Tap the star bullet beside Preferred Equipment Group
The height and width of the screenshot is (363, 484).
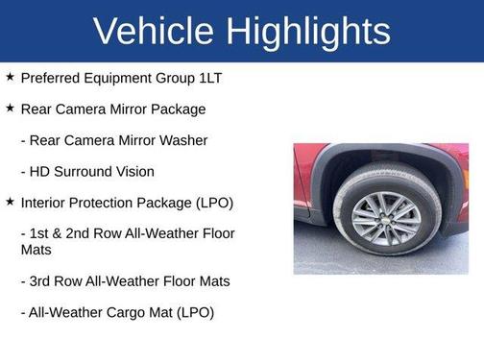tap(10, 77)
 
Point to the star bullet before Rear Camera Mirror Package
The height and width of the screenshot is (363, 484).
tap(10, 109)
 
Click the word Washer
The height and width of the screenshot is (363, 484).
tap(182, 140)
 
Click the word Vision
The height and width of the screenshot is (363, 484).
tap(134, 172)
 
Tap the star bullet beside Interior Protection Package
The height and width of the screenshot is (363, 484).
tap(10, 203)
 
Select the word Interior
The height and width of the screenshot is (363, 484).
tap(44, 204)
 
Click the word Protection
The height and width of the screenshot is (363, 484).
tap(108, 204)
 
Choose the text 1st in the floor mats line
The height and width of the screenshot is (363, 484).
tap(42, 234)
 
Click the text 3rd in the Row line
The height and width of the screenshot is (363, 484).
tap(44, 281)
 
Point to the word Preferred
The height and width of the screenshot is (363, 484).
tap(54, 78)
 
